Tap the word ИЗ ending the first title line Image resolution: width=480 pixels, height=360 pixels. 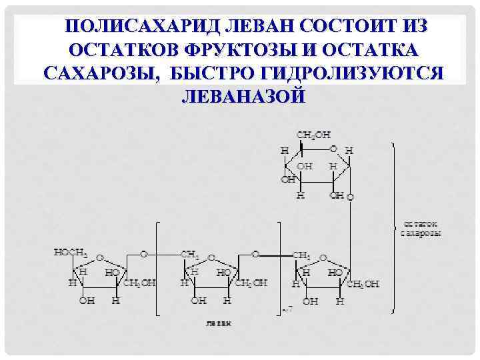[407, 26]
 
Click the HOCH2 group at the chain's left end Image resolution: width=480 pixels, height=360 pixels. [70, 253]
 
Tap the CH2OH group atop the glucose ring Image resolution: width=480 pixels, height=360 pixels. [313, 135]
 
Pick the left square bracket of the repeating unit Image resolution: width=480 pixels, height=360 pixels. [158, 267]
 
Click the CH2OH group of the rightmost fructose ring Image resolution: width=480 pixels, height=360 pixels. [363, 283]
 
